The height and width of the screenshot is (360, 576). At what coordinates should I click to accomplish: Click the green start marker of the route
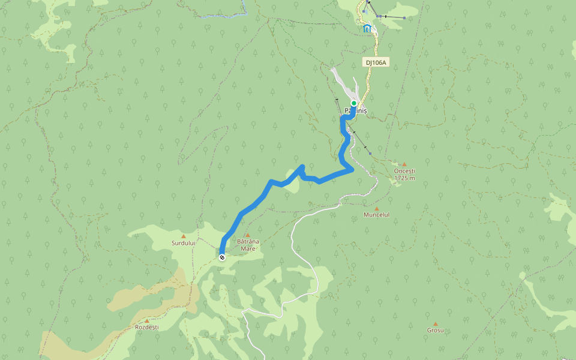pyautogui.click(x=354, y=103)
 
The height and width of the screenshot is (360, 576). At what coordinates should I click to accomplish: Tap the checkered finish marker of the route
pyautogui.click(x=222, y=257)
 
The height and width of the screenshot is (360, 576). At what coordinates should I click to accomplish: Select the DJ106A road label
pyautogui.click(x=376, y=62)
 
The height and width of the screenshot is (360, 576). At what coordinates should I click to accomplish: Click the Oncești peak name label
pyautogui.click(x=404, y=171)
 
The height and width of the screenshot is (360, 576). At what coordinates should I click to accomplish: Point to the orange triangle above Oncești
pyautogui.click(x=404, y=164)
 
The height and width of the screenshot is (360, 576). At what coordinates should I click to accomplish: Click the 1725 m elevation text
pyautogui.click(x=404, y=178)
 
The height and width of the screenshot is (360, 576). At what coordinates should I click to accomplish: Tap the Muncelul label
pyautogui.click(x=376, y=215)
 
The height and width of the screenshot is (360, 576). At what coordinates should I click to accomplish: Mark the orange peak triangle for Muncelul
pyautogui.click(x=377, y=208)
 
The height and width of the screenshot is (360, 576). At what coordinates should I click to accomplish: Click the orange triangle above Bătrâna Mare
pyautogui.click(x=247, y=235)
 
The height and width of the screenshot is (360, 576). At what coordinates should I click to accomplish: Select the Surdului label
pyautogui.click(x=183, y=244)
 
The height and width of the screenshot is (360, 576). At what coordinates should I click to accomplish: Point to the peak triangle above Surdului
pyautogui.click(x=184, y=236)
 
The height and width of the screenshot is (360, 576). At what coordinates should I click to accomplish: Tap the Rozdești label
pyautogui.click(x=146, y=327)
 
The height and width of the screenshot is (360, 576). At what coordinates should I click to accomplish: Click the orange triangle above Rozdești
pyautogui.click(x=146, y=320)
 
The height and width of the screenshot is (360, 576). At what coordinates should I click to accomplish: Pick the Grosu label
pyautogui.click(x=435, y=331)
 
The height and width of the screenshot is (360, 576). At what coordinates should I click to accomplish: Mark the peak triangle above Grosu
pyautogui.click(x=436, y=324)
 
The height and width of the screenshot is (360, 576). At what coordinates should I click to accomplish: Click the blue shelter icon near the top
pyautogui.click(x=367, y=28)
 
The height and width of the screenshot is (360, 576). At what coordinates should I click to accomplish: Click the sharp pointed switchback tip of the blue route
pyautogui.click(x=302, y=167)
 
